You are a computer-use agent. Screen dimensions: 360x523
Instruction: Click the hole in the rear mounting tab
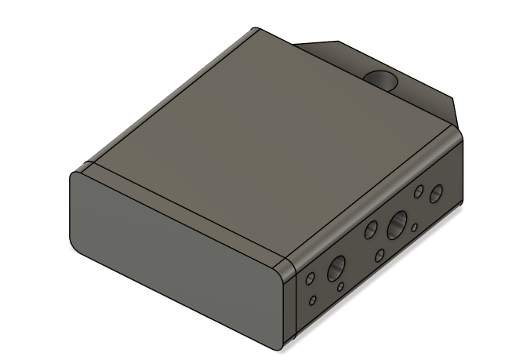pos(383,80)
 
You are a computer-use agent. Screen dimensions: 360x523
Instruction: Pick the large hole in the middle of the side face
pos(397,225)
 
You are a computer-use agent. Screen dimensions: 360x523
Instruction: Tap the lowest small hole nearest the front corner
pos(313,300)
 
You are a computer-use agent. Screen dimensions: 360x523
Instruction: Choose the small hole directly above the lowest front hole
pos(311,278)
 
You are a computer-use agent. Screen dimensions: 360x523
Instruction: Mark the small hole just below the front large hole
pos(340,287)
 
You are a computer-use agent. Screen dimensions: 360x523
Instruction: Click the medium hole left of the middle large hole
pos(372,230)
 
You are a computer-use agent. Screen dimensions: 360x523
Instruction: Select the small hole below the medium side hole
pos(380,255)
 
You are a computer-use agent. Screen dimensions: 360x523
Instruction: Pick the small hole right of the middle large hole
pos(414,228)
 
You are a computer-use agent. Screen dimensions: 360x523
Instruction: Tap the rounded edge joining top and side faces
pos(369,196)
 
